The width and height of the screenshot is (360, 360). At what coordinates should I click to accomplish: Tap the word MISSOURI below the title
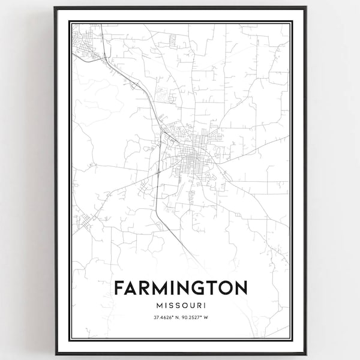(x=180, y=306)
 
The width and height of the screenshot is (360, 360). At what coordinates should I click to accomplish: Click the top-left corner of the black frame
(x=55, y=8)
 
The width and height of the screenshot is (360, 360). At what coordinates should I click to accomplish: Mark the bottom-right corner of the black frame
(x=305, y=353)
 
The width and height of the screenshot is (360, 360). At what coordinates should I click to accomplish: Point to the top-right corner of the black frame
(x=305, y=8)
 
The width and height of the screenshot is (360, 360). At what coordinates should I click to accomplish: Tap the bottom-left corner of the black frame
(x=55, y=353)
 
